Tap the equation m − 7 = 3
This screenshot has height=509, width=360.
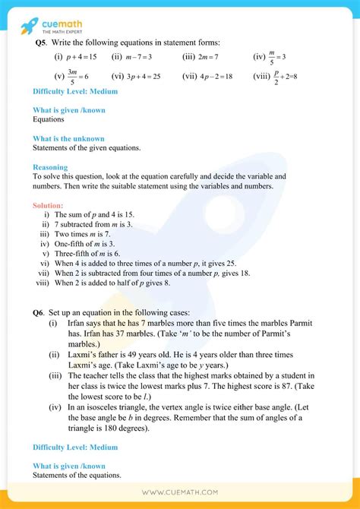pos(141,57)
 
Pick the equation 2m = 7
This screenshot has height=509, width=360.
pos(207,57)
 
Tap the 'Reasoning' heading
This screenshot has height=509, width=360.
pos(50,167)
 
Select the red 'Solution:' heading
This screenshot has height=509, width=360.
pos(48,205)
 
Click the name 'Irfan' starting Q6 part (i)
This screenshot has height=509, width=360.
pos(77,323)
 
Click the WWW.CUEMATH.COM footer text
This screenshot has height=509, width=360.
pos(180,494)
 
